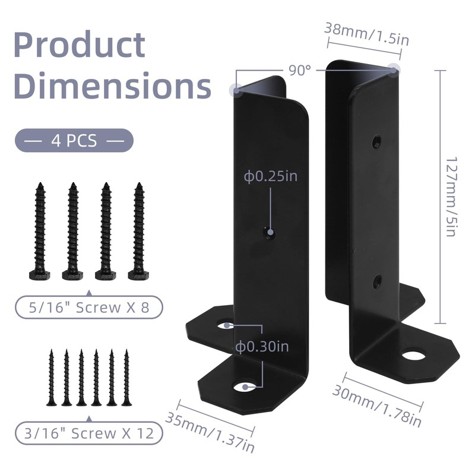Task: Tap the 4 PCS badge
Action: (x=74, y=141)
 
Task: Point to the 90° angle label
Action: (x=300, y=70)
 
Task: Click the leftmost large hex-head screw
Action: (x=40, y=232)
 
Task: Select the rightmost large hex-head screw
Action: (x=139, y=232)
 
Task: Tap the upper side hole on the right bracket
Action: (x=376, y=142)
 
